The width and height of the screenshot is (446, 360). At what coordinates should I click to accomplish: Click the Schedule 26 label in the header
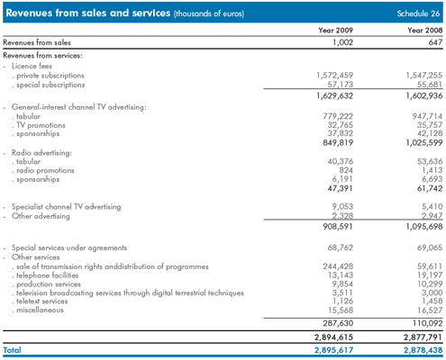[418, 13]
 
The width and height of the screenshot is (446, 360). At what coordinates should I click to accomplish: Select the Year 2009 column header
[335, 31]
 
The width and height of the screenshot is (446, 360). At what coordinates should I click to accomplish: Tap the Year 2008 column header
[424, 31]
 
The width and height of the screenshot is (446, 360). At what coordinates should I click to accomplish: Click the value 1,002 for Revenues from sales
[342, 42]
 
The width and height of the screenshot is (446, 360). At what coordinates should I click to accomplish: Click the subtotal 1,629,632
[334, 96]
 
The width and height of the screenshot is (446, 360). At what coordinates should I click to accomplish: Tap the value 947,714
[427, 116]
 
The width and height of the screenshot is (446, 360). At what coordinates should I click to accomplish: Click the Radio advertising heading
[41, 153]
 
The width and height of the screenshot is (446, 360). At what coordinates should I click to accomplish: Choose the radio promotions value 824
[346, 170]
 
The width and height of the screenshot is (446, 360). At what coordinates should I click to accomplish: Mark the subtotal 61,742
[430, 188]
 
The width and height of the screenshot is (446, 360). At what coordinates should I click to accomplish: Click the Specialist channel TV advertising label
[66, 207]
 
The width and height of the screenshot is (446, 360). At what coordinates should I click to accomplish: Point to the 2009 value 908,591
[338, 227]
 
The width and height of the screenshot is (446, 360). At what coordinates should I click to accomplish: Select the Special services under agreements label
[69, 247]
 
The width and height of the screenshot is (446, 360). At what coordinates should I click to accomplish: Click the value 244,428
[338, 266]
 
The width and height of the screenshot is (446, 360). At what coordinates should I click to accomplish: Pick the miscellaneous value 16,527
[430, 310]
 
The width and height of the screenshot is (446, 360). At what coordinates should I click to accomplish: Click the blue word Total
[12, 350]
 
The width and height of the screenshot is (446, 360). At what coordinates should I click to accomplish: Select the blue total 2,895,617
[333, 350]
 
